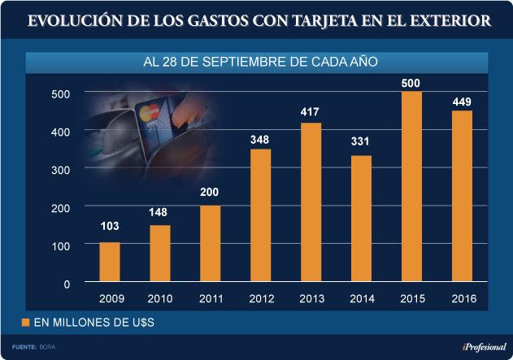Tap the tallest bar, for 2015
click(x=411, y=187)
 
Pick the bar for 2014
click(x=361, y=219)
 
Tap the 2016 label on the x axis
click(x=462, y=299)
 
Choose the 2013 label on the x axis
click(x=311, y=299)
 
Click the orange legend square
click(x=25, y=323)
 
